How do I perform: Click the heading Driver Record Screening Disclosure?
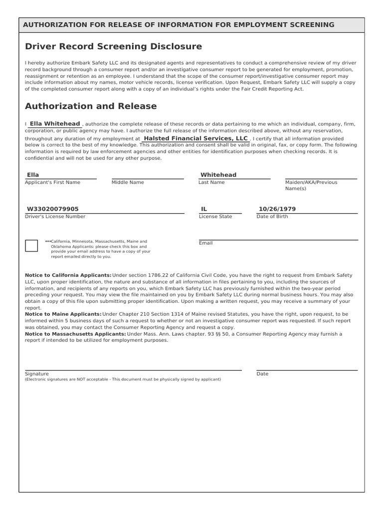pyautogui.click(x=113, y=47)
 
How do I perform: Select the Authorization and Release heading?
pyautogui.click(x=91, y=106)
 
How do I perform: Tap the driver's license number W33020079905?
pyautogui.click(x=52, y=209)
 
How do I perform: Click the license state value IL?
pyautogui.click(x=204, y=209)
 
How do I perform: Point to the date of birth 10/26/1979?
pyautogui.click(x=277, y=209)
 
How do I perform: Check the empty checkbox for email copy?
pyautogui.click(x=31, y=246)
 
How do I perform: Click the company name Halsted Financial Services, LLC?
pyautogui.click(x=195, y=138)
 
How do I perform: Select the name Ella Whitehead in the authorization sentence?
pyautogui.click(x=55, y=124)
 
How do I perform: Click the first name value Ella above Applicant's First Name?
pyautogui.click(x=33, y=175)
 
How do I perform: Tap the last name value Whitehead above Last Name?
pyautogui.click(x=218, y=175)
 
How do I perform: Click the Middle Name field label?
pyautogui.click(x=128, y=182)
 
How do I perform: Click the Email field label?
pyautogui.click(x=205, y=243)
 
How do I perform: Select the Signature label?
pyautogui.click(x=37, y=374)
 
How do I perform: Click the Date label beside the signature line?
pyautogui.click(x=262, y=374)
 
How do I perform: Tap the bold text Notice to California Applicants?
pyautogui.click(x=68, y=275)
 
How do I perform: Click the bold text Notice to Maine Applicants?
pyautogui.click(x=63, y=314)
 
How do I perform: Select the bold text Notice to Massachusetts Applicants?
pyautogui.click(x=75, y=334)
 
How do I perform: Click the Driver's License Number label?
pyautogui.click(x=55, y=217)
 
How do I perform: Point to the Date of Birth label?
pyautogui.click(x=272, y=217)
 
